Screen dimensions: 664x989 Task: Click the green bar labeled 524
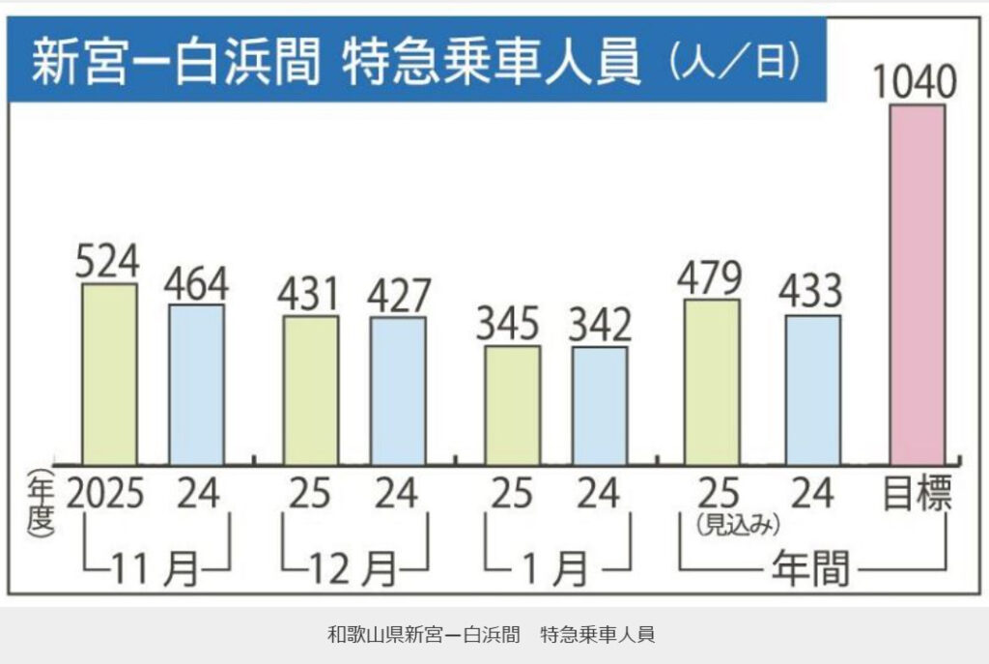pyautogui.click(x=109, y=374)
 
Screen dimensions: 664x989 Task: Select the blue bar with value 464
pyautogui.click(x=197, y=385)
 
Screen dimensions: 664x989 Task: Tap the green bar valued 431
pyautogui.click(x=310, y=390)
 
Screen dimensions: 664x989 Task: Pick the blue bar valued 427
pyautogui.click(x=398, y=391)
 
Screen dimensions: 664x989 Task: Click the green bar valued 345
pyautogui.click(x=512, y=405)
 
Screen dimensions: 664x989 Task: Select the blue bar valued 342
pyautogui.click(x=600, y=406)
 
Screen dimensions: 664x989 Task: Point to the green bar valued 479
pyautogui.click(x=712, y=382)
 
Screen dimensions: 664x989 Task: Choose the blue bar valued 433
pyautogui.click(x=812, y=390)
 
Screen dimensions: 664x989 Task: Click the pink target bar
pyautogui.click(x=917, y=284)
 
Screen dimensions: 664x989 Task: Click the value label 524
pyautogui.click(x=108, y=262)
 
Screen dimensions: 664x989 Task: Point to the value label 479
pyautogui.click(x=711, y=278)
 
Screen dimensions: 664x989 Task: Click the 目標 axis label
pyautogui.click(x=918, y=494)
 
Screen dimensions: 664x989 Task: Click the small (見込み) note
pyautogui.click(x=736, y=524)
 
